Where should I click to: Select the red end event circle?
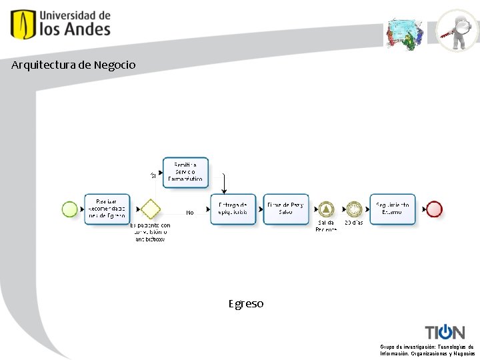434,209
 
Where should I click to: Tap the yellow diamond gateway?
151,209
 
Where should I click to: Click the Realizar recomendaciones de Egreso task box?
107,209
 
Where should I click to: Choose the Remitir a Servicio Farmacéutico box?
185,173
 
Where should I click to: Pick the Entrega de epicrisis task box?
233,209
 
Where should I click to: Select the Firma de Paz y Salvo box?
285,209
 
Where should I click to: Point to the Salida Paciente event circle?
326,209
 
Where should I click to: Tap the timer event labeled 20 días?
353,209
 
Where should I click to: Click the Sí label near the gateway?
153,175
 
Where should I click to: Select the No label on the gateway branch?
190,213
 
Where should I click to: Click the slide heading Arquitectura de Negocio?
73,65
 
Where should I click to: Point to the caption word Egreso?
246,304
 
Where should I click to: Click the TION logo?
445,331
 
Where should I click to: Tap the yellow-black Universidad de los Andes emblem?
23,24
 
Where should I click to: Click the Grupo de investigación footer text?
427,350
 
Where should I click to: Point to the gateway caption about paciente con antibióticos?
151,232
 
